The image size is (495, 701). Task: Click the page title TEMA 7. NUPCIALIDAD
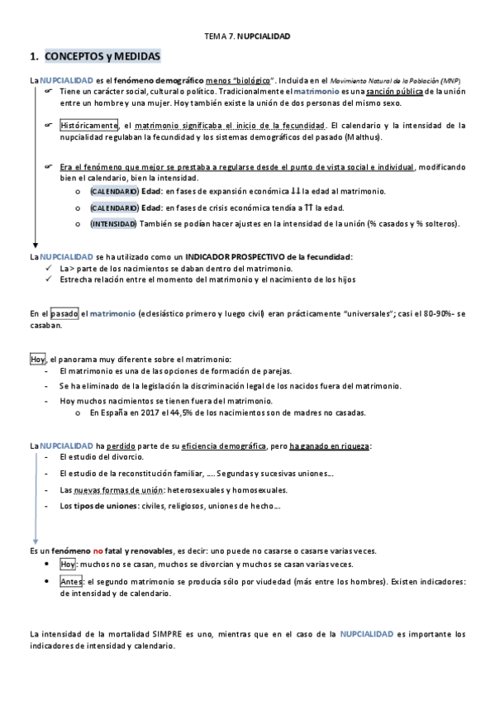point(247,37)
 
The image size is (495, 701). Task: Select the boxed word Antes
point(71,582)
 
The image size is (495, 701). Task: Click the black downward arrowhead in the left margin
point(35,246)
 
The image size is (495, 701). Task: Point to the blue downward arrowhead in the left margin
point(35,537)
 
